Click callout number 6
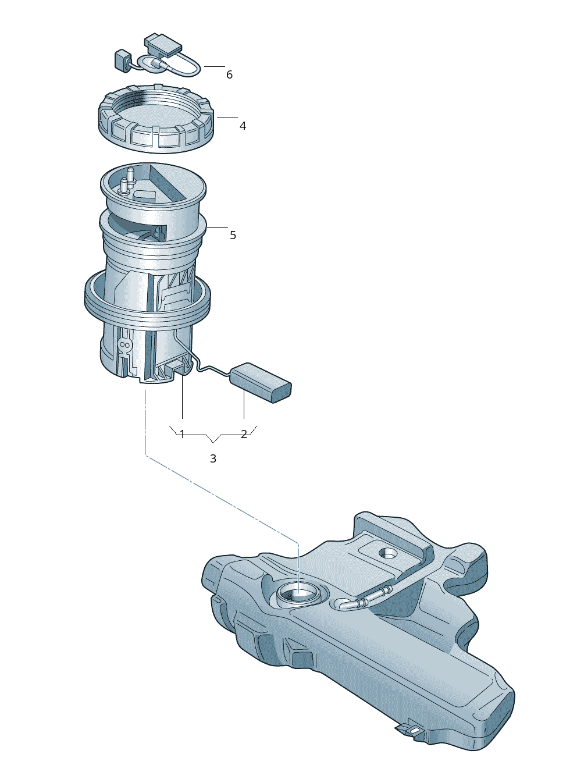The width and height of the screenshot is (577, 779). tap(229, 74)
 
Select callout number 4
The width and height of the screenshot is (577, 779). tap(243, 126)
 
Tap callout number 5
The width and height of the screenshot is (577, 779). tap(233, 235)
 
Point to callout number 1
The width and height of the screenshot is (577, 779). tap(182, 434)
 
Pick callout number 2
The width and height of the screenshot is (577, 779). tap(244, 434)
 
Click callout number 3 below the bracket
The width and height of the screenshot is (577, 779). tap(213, 458)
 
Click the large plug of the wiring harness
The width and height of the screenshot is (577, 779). tap(163, 45)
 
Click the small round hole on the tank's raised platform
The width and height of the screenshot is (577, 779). tap(387, 552)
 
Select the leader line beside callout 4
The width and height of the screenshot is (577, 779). tap(227, 118)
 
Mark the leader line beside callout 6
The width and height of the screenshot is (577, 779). tap(214, 66)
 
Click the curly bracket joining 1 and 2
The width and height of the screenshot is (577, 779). tap(213, 436)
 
